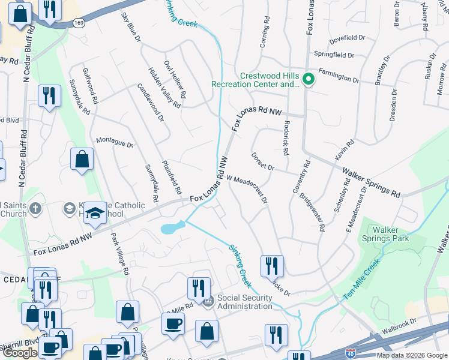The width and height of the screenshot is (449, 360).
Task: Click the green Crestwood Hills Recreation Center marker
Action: [308, 79]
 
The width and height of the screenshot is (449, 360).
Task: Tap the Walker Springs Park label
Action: [390, 234]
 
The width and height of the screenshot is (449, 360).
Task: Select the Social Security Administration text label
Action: [244, 302]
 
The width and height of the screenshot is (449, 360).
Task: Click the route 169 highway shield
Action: [79, 22]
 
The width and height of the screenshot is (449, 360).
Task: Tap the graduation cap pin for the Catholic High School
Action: [95, 214]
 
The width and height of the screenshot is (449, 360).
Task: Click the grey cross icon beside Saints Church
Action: [35, 209]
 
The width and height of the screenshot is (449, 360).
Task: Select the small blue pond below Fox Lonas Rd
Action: [172, 228]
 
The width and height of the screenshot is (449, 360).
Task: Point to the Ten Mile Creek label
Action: [361, 280]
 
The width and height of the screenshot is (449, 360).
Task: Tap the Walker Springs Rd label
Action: [371, 182]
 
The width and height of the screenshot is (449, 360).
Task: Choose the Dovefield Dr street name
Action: [348, 37]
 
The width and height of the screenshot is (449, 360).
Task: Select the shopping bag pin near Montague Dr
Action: [82, 160]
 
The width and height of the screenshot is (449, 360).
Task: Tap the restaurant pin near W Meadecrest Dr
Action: [272, 265]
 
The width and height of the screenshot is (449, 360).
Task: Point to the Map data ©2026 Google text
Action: [412, 355]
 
